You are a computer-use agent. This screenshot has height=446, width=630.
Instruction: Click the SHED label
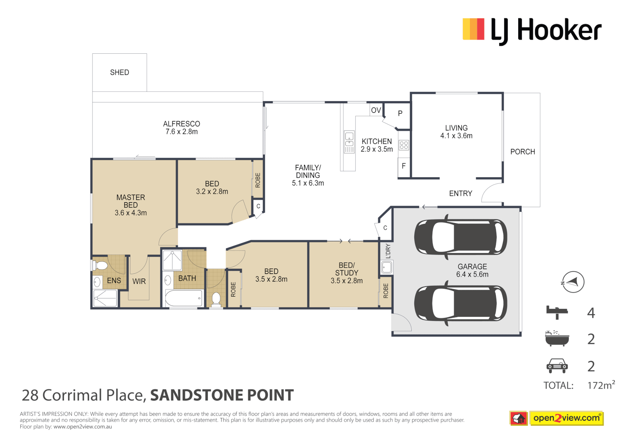119,72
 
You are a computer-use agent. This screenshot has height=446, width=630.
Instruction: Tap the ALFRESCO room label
182,124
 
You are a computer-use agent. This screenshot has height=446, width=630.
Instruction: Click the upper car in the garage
460,237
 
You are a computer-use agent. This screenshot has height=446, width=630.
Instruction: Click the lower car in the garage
460,303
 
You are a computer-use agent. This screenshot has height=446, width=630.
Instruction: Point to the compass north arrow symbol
573,282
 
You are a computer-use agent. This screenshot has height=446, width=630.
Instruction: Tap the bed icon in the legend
557,312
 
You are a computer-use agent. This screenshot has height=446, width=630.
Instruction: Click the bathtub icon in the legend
557,339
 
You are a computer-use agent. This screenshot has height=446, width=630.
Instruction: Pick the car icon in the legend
557,365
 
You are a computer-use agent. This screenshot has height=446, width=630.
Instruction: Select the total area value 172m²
601,385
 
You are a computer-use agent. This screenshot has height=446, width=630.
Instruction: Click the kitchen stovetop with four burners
404,145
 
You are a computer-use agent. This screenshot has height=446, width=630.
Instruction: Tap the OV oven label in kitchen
376,110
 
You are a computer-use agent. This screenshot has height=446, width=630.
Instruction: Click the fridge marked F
403,166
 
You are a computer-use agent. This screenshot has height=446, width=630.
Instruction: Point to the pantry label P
400,113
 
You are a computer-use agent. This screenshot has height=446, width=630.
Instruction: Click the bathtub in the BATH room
183,298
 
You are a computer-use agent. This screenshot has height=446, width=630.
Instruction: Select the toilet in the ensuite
100,265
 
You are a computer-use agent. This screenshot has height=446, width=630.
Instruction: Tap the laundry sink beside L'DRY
387,268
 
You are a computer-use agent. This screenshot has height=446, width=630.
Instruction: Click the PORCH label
522,152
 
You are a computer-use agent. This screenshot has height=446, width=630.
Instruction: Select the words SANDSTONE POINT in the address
222,395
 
